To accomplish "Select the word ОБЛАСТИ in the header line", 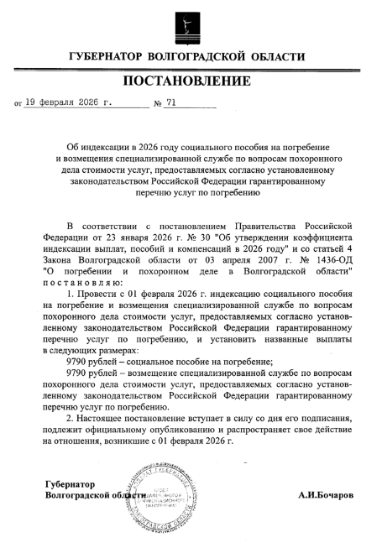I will coord(276,56).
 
